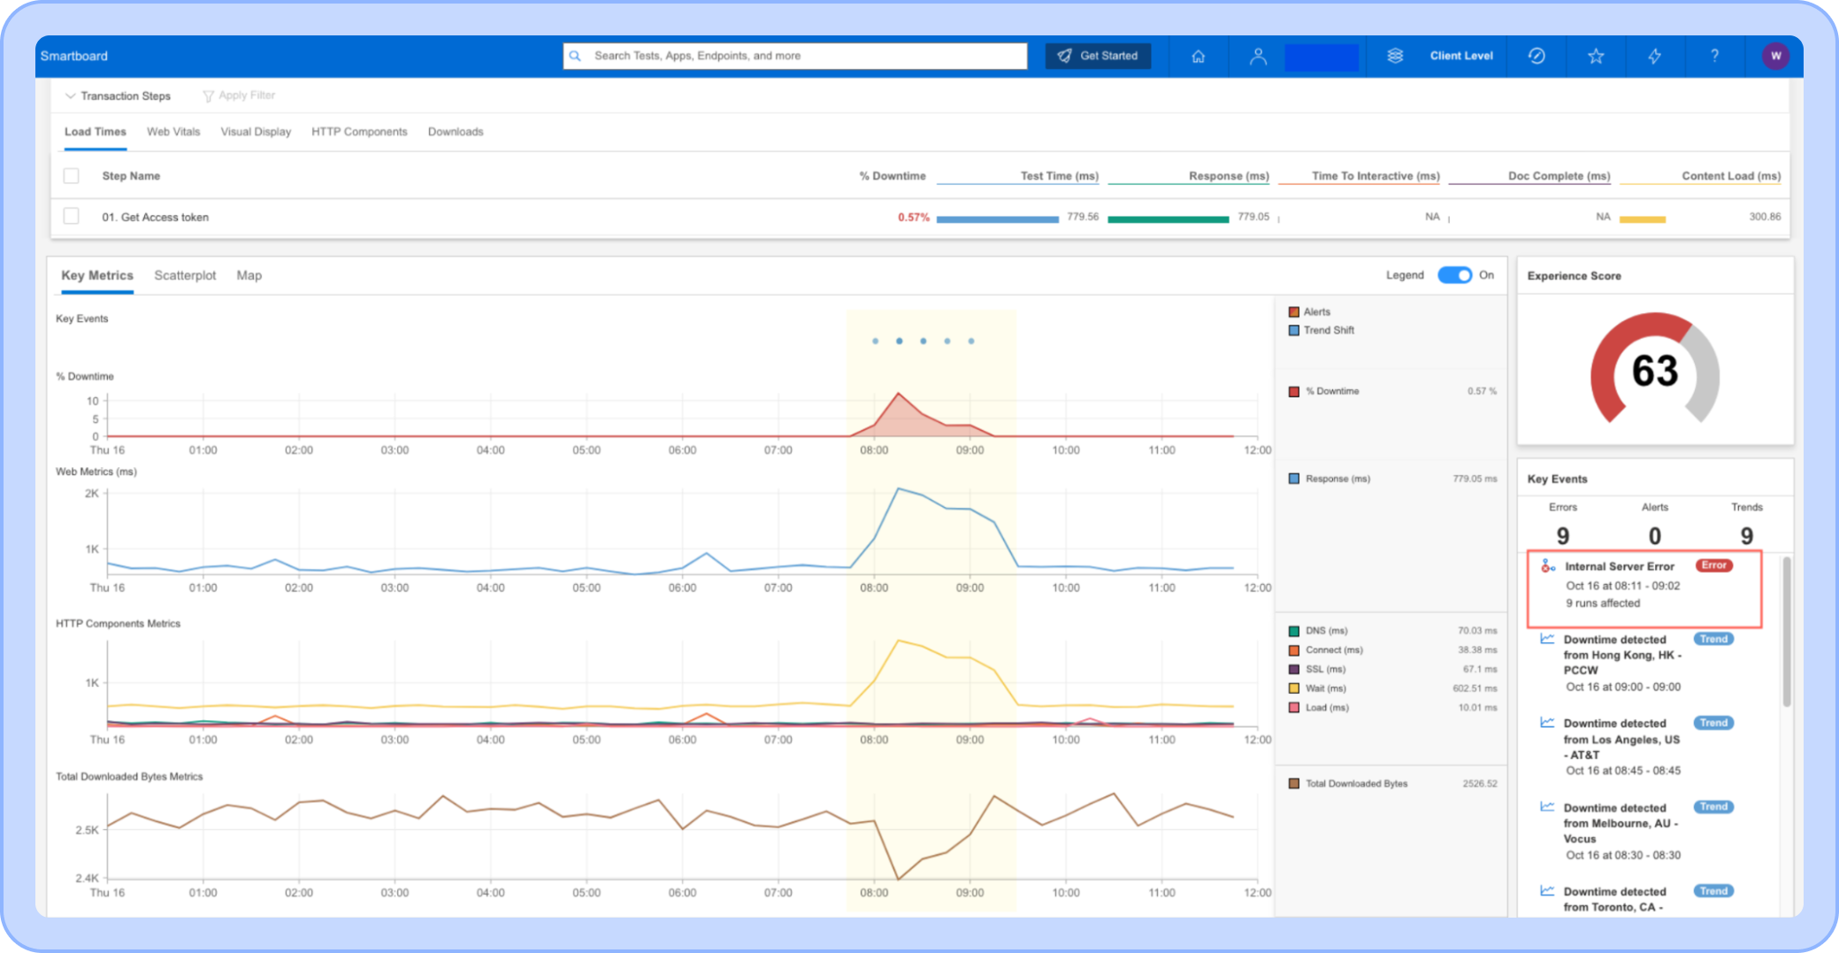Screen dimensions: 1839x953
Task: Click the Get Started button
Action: pos(1098,56)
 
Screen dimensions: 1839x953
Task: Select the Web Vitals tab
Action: pos(173,132)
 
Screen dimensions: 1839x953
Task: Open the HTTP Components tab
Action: pos(359,132)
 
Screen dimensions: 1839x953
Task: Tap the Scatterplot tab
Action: pos(185,275)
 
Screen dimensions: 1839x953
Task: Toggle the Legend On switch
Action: pos(1454,275)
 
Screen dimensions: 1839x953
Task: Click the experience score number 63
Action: pos(1654,371)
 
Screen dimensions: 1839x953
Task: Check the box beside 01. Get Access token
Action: pos(72,216)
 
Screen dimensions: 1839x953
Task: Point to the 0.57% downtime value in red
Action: pos(914,217)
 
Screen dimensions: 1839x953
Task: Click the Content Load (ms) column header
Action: pos(1731,176)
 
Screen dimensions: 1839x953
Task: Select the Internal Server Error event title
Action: pos(1619,566)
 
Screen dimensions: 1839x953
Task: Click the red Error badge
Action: pos(1713,565)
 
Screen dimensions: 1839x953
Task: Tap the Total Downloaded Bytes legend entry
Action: pos(1348,783)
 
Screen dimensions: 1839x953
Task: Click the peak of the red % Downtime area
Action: pos(899,393)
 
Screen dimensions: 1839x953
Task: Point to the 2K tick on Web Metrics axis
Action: pos(92,494)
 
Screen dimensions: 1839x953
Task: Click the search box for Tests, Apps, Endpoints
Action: pos(795,56)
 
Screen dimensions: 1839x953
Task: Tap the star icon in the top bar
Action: pos(1596,56)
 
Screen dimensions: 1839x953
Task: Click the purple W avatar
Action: pos(1775,56)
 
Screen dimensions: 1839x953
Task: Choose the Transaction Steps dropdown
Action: pos(119,96)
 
